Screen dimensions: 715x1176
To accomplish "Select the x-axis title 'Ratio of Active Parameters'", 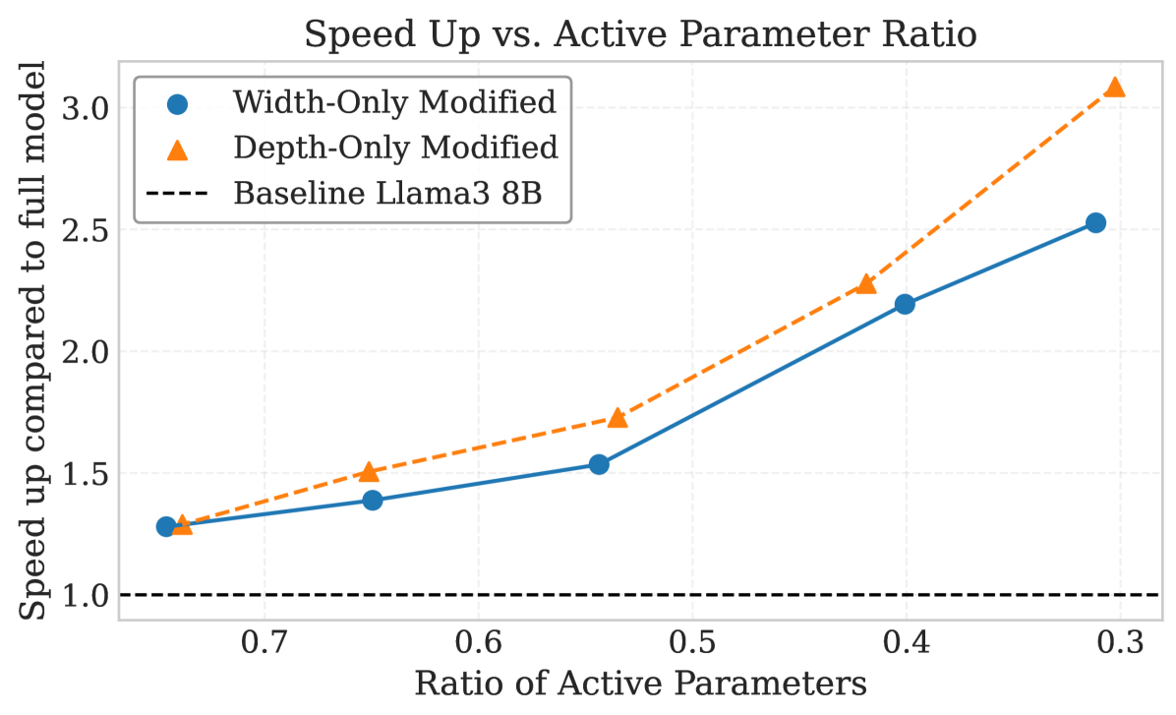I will [640, 683].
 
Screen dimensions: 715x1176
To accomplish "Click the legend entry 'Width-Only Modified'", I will [395, 101].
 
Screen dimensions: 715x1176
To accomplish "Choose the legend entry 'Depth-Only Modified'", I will [395, 148].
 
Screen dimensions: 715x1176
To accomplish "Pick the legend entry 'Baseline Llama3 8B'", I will [401, 193].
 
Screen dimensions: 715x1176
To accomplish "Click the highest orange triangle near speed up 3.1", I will [1114, 87].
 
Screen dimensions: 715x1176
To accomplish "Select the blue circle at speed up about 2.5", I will [1095, 223].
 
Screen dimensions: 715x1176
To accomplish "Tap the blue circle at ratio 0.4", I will [905, 304].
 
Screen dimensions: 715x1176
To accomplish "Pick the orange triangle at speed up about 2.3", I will [866, 283].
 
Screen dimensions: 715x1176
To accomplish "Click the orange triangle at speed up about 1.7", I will [617, 417].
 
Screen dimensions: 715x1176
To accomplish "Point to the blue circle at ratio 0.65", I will [372, 500].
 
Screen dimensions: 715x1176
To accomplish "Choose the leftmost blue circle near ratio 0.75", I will [166, 526].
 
